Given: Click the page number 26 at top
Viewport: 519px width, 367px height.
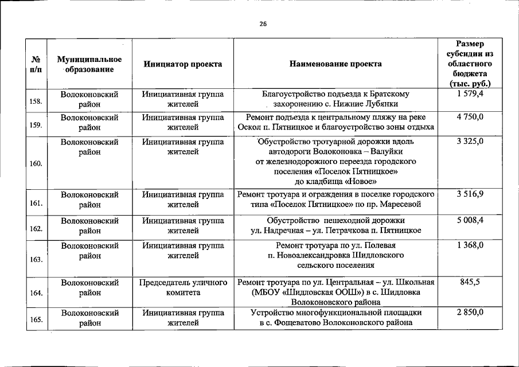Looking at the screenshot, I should (x=262, y=24).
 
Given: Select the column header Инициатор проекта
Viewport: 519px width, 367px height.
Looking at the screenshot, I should (x=183, y=64).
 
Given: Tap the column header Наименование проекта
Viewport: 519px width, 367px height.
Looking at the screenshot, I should (x=335, y=64).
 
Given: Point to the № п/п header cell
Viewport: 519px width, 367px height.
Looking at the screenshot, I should (x=36, y=64).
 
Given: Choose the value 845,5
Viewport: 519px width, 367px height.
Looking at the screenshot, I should (x=470, y=282).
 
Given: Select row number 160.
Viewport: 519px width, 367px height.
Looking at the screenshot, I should (x=36, y=163).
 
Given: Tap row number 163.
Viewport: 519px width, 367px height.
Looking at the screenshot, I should (x=36, y=259).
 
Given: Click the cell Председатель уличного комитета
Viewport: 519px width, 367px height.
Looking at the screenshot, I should (x=183, y=287).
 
